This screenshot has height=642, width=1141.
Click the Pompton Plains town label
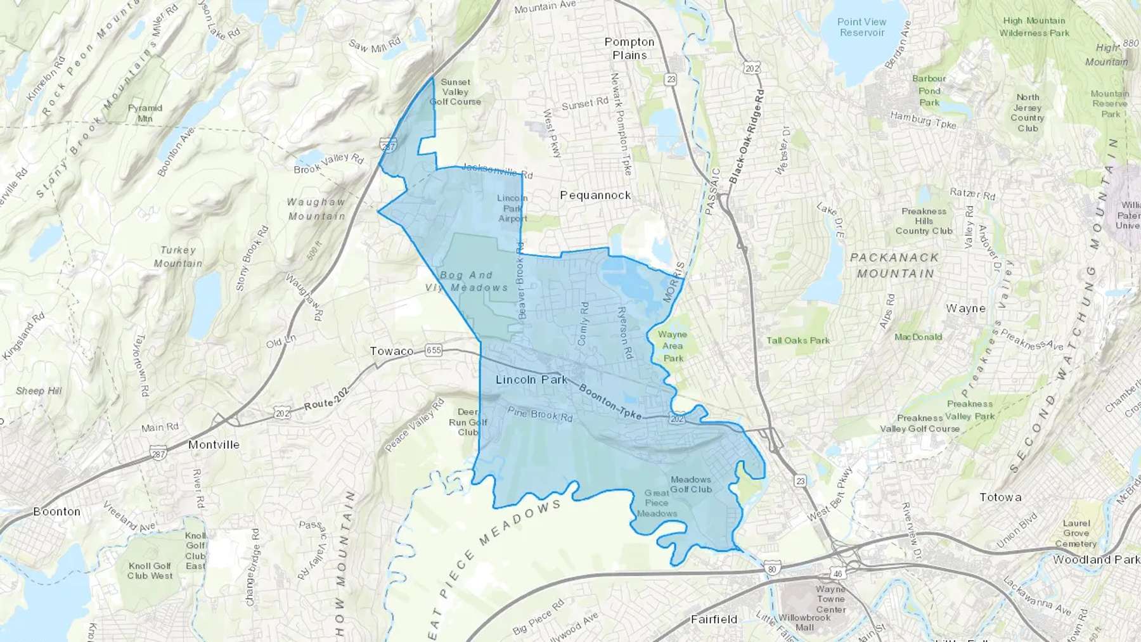pos(629,49)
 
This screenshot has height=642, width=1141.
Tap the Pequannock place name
pos(595,195)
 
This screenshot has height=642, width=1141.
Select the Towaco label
pos(392,351)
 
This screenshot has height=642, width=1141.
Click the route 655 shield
pos(434,350)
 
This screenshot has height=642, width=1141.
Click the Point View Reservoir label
pos(861,27)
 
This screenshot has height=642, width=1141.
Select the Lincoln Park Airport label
pos(512,209)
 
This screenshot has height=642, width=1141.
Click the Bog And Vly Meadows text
pos(467,281)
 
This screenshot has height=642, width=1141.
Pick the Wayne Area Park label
pos(673,346)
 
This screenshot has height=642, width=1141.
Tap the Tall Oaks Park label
pos(798,340)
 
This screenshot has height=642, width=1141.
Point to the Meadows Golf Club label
pos(691,484)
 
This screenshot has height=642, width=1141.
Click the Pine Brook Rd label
pos(540,414)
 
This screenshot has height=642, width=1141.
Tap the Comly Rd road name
pos(583,323)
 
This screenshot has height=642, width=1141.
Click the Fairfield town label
pos(714,619)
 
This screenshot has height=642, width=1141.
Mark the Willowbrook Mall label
pos(804,622)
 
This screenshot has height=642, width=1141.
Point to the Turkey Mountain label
pos(178,257)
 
